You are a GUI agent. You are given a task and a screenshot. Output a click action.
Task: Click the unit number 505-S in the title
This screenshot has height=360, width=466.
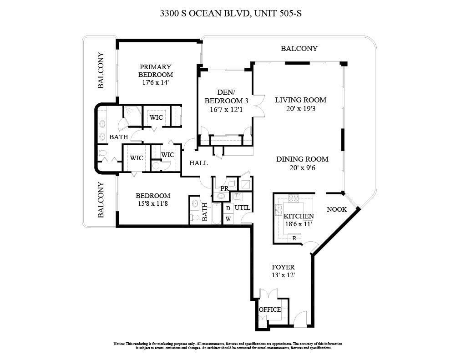[x=289, y=14]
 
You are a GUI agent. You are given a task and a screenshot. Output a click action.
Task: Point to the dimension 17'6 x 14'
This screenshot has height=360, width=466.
[x=156, y=83]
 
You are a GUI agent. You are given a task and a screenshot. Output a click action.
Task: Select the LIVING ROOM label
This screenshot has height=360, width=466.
[x=300, y=100]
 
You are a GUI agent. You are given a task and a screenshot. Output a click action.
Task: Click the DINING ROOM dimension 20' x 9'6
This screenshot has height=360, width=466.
[x=302, y=167]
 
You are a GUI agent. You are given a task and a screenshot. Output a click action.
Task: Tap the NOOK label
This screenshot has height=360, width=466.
[x=337, y=209]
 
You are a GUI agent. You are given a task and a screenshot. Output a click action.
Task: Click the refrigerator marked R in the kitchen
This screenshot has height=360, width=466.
[x=294, y=238]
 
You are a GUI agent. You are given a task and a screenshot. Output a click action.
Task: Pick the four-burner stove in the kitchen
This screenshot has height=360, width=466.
[x=294, y=198]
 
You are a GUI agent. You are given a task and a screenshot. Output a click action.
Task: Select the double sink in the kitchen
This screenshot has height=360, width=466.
[x=279, y=210]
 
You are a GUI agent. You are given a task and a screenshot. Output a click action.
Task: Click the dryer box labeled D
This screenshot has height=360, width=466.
[x=228, y=208]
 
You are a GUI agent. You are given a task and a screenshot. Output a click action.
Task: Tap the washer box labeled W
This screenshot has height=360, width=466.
[x=228, y=219]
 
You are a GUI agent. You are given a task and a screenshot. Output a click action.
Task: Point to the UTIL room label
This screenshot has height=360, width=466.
[x=242, y=208]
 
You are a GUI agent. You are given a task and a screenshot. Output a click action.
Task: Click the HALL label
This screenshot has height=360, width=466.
[x=198, y=163]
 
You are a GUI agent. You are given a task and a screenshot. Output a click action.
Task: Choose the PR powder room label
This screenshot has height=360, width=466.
[x=224, y=188]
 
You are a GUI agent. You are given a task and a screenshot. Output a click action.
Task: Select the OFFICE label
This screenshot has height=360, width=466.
[x=270, y=309]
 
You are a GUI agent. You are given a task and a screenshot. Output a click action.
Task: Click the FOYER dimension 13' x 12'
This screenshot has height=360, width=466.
[x=283, y=275]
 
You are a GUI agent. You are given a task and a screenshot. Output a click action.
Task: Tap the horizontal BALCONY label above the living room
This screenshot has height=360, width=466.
[x=299, y=48]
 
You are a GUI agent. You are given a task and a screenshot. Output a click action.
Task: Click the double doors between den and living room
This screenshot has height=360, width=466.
[x=258, y=106]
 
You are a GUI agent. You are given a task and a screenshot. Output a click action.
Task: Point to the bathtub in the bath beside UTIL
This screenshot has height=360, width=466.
[x=216, y=213]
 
